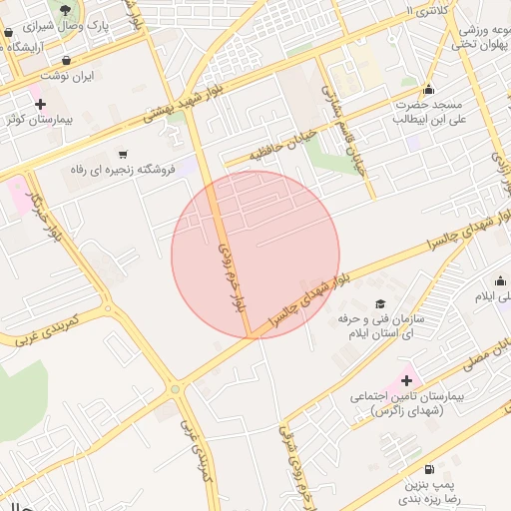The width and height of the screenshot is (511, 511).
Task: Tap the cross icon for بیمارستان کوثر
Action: pos(40,104)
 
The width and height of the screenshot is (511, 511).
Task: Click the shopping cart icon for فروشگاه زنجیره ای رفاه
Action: pos(123,155)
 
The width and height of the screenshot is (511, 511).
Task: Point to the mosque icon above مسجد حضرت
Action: pos(429,90)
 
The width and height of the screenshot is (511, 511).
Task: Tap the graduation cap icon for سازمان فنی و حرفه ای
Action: pos(379,303)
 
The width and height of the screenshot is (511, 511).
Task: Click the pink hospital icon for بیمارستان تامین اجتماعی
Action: pos(406,379)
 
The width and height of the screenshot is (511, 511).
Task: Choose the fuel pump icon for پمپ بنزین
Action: pos(429,469)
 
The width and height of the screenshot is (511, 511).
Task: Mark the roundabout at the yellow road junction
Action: pos(177,389)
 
